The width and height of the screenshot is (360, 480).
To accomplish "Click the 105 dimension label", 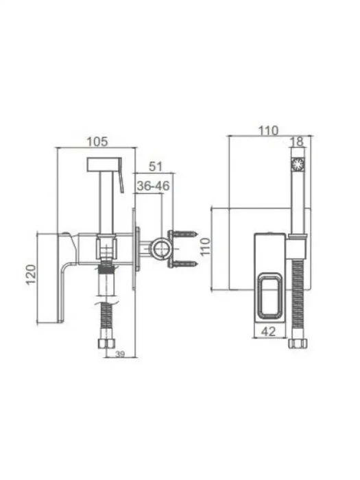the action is click(97, 142).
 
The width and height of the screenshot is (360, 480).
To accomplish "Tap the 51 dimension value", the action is click(156, 167).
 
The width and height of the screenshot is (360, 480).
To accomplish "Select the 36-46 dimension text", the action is click(153, 186).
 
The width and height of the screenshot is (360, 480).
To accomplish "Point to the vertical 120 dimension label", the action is click(31, 274).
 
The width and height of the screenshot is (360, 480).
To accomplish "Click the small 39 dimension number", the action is click(120, 355).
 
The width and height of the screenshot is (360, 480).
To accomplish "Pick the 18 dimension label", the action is click(296, 141).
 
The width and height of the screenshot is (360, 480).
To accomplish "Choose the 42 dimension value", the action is click(269, 331).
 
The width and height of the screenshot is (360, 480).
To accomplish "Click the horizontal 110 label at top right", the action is click(269, 131).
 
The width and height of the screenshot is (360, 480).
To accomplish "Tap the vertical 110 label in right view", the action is click(205, 247).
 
